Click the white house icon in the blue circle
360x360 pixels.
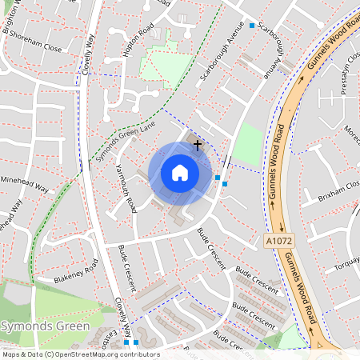[180, 173]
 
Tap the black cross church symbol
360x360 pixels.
[198, 145]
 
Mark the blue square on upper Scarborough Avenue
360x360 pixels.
[252, 26]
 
